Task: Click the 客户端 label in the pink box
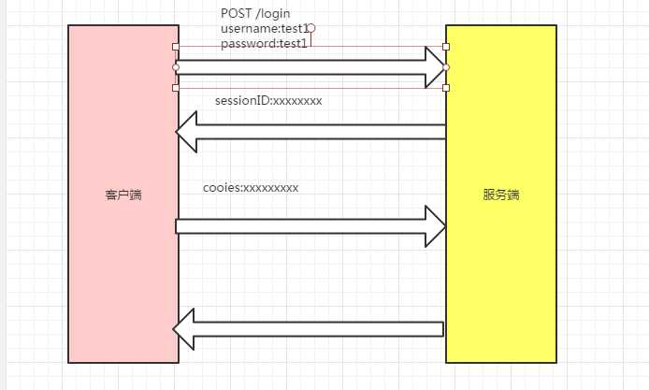123,195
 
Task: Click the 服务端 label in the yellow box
501,195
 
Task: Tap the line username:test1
265,29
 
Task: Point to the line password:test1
264,43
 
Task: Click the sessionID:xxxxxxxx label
267,100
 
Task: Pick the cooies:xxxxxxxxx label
251,187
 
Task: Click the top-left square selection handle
176,46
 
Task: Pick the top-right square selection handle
446,46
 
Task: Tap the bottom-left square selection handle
176,88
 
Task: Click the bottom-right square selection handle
446,88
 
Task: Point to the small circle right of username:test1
311,28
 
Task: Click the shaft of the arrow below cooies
299,225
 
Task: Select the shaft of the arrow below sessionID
318,132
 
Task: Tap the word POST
236,13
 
